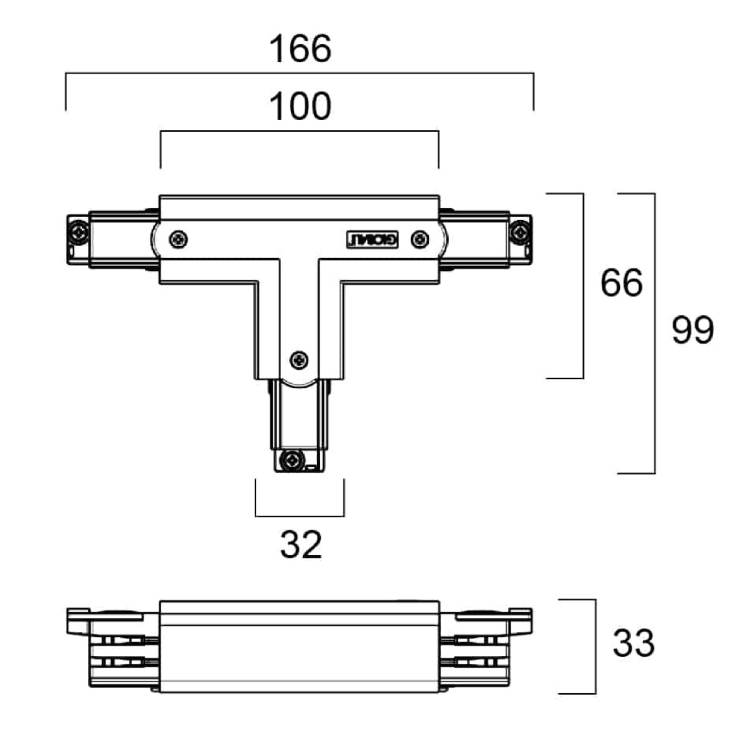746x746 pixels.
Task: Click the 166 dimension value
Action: [300, 49]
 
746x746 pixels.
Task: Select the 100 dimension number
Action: [300, 107]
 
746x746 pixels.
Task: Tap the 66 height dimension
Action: [621, 283]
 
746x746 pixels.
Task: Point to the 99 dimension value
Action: [693, 330]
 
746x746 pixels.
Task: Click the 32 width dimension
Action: [301, 545]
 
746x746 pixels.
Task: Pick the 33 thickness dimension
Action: [633, 643]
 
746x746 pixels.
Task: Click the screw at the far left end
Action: [79, 233]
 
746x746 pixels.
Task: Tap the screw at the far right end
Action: [519, 233]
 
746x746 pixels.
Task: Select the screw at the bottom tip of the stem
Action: [290, 461]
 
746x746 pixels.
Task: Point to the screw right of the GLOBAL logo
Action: [421, 238]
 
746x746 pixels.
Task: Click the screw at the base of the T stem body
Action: [299, 359]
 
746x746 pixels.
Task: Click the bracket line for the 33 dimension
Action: [595, 647]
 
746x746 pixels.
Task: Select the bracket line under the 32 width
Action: [300, 516]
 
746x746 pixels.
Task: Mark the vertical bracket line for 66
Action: [583, 285]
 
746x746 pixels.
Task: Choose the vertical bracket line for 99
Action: [655, 333]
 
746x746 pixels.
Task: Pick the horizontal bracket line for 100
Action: [300, 131]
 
